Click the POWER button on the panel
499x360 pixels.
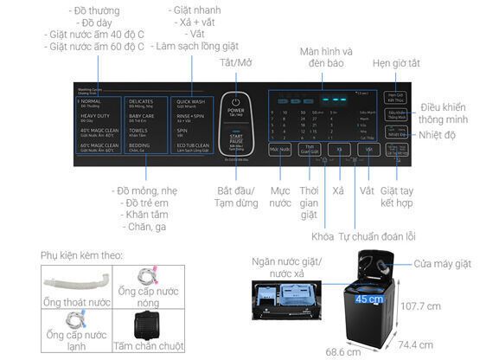pos(235,106)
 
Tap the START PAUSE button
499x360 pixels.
pos(235,140)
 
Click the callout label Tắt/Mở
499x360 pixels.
pos(236,63)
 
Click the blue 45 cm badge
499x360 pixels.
pos(368,299)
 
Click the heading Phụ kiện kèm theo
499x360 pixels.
pos(81,256)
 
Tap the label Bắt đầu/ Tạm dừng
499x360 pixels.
pos(236,196)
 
